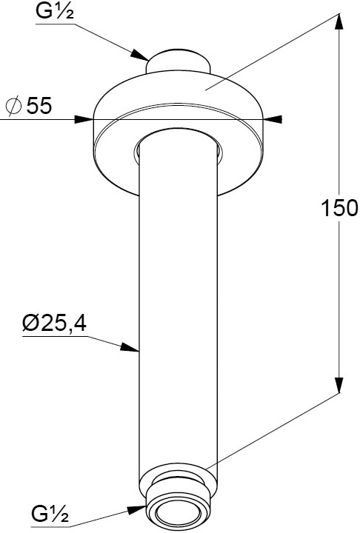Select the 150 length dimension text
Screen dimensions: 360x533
(339, 208)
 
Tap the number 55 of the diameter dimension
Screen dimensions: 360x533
(39, 105)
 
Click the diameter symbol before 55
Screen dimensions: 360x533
(13, 106)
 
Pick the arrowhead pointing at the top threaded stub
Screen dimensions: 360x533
(140, 55)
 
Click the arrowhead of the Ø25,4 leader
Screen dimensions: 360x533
(130, 347)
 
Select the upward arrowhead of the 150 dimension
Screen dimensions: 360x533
(338, 23)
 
